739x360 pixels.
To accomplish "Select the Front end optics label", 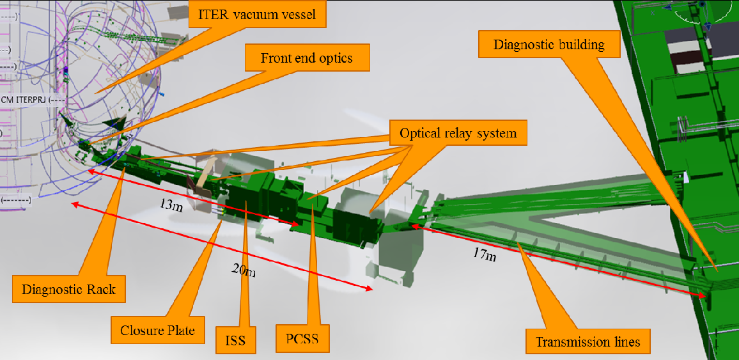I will tap(306, 58).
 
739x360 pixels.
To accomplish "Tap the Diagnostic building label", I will tap(549, 44).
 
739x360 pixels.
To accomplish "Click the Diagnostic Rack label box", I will tap(68, 289).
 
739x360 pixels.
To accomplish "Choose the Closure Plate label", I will tap(157, 331).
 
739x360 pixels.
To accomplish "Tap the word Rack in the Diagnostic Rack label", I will tap(102, 289).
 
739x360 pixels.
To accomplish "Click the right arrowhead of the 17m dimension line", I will tap(704, 295).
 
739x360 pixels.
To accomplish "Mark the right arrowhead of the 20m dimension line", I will tap(370, 290).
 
